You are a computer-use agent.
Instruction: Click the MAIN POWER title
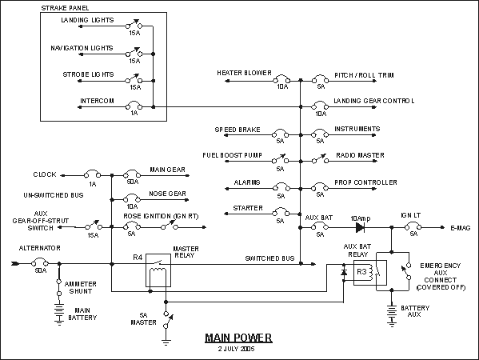click(x=238, y=338)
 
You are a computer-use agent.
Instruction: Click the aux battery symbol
click(x=392, y=315)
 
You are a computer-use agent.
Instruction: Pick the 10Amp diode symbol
click(x=360, y=227)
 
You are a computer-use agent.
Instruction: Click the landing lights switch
click(x=134, y=25)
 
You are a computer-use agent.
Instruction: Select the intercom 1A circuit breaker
click(x=134, y=105)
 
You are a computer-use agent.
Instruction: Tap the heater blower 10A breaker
click(x=281, y=79)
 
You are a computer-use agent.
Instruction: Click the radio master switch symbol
click(x=320, y=159)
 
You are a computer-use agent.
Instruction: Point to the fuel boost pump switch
click(x=280, y=159)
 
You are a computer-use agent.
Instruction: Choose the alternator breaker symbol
click(x=40, y=262)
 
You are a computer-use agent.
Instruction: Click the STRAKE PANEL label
click(x=65, y=8)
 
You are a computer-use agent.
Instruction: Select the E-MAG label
click(x=461, y=228)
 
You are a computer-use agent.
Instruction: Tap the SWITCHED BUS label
click(x=269, y=258)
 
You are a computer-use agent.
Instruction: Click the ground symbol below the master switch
click(x=166, y=342)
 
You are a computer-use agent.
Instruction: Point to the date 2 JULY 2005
click(x=237, y=349)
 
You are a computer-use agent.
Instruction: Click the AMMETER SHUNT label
click(x=80, y=287)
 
